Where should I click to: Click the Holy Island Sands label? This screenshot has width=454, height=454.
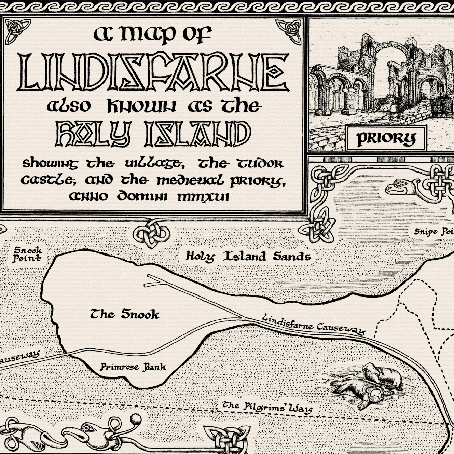(x=248, y=256)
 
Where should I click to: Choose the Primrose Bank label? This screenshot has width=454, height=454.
(x=133, y=367)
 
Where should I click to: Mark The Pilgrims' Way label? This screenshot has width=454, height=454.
(x=267, y=407)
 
